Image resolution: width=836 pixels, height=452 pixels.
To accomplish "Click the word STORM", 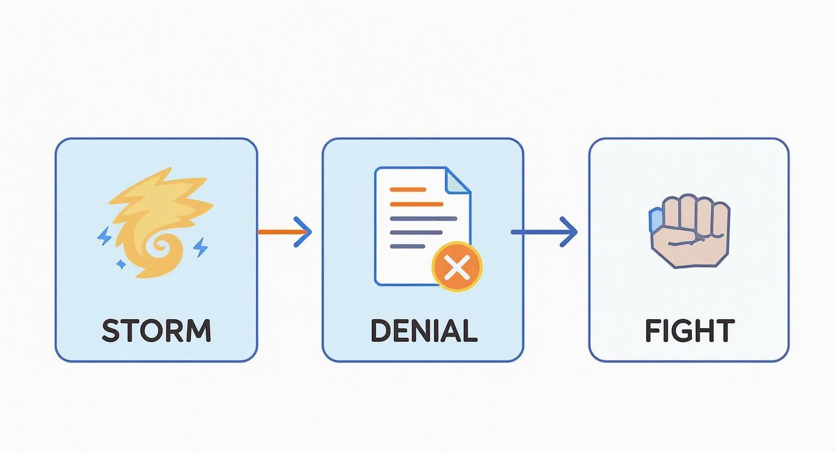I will (156, 331).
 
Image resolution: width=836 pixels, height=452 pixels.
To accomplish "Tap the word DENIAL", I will (423, 331).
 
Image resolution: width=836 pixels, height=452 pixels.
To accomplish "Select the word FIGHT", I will (689, 331).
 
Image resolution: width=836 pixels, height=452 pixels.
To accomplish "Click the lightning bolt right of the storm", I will (201, 246).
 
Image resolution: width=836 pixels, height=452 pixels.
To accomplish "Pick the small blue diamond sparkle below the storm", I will (121, 263).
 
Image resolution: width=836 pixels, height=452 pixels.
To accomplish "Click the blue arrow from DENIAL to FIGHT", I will (544, 231).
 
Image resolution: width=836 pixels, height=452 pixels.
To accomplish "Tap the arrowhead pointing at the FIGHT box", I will (568, 231).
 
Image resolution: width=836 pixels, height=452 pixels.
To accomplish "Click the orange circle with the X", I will (457, 267).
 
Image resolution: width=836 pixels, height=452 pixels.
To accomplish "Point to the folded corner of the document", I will (459, 180).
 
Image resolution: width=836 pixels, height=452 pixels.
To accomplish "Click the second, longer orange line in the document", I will (416, 204).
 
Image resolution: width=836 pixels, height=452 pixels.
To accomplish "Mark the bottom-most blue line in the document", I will (407, 246).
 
